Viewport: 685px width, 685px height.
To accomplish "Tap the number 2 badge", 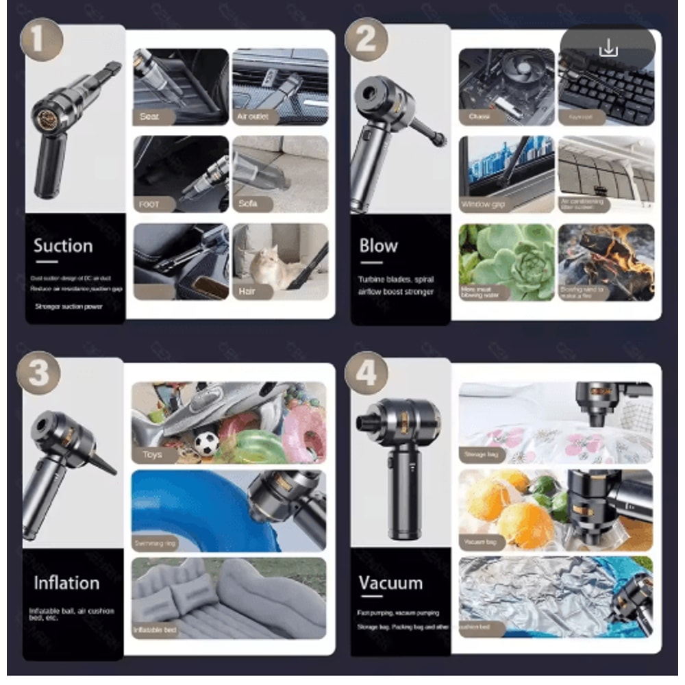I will [x=366, y=40].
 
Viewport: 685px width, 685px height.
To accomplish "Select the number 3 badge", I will [x=38, y=373].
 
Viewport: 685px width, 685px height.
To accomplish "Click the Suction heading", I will [x=63, y=246].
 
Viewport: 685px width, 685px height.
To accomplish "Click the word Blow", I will [x=378, y=245].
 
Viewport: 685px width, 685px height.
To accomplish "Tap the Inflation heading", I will [x=66, y=583].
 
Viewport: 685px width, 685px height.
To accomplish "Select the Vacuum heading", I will [x=390, y=583].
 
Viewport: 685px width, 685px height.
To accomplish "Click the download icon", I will [x=608, y=48].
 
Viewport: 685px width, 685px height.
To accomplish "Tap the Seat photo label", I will [x=149, y=116].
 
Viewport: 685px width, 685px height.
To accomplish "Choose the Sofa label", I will [x=248, y=203].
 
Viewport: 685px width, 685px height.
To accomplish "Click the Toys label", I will [x=152, y=453].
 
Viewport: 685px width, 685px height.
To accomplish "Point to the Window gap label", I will [x=484, y=204].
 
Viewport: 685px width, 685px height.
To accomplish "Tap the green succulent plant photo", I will [x=507, y=262].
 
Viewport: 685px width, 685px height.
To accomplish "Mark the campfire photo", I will [x=606, y=262].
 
